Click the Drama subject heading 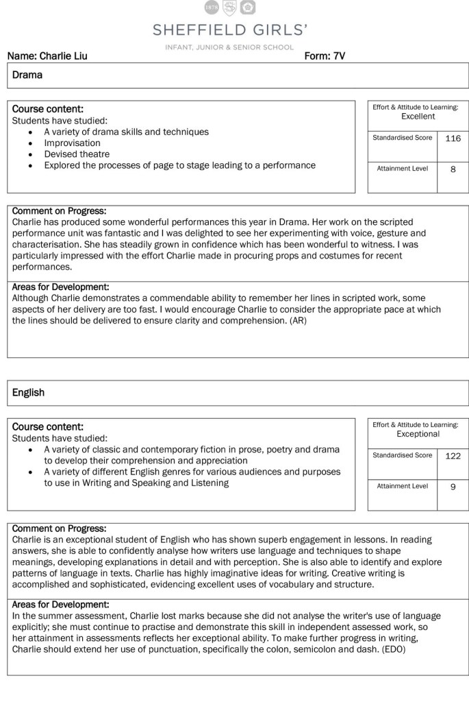pos(27,75)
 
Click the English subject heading pos(28,392)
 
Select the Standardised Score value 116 pos(453,138)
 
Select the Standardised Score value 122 pos(453,456)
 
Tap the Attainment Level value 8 pos(453,169)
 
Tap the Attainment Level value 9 pos(453,486)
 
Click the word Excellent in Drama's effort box pos(418,117)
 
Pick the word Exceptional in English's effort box pos(418,434)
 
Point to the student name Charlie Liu pos(64,56)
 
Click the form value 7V pos(338,56)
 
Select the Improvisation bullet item pos(72,143)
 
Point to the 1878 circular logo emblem pos(212,8)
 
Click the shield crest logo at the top pos(230,8)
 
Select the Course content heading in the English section pos(48,426)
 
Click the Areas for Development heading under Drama pos(60,287)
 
